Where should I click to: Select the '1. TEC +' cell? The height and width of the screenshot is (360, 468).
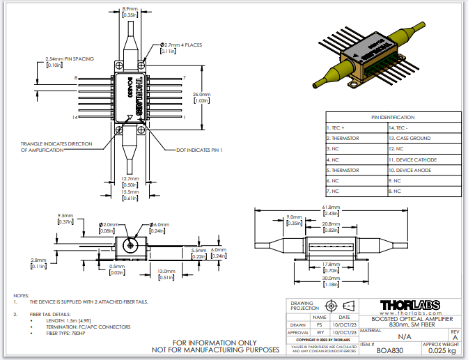pos(338,128)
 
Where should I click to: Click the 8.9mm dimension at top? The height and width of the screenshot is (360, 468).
pos(130,9)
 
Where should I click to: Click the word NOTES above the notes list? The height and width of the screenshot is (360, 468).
pos(22,295)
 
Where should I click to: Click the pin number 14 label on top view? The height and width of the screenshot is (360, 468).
pos(76,118)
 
